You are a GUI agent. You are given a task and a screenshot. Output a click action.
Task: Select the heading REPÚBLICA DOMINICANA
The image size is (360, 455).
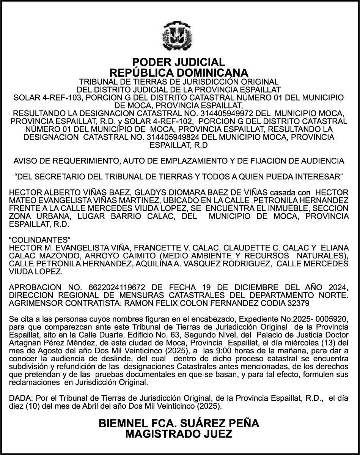(x=179, y=72)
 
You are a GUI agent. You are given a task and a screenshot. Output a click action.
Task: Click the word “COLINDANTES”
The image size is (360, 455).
(x=40, y=240)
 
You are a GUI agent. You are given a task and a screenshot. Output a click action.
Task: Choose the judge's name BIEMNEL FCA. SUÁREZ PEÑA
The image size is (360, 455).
(x=179, y=424)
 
